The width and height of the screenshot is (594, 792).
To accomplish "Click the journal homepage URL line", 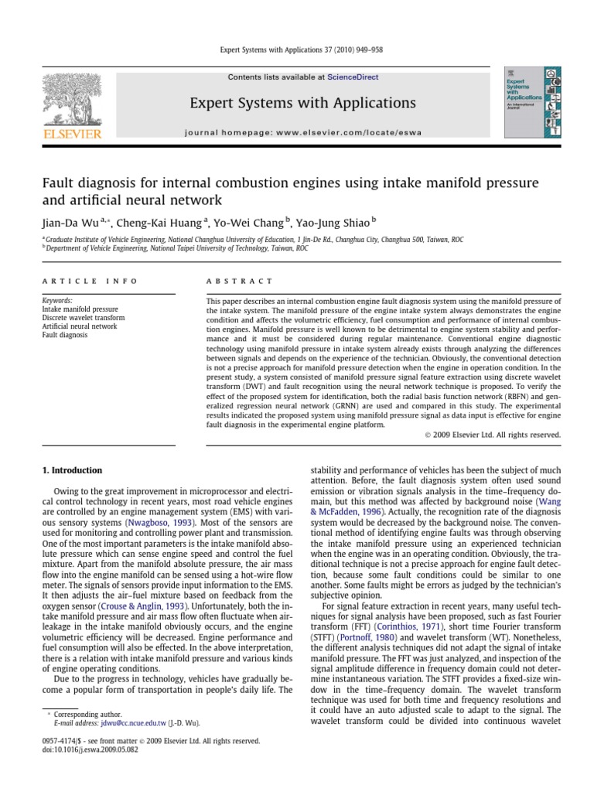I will (303, 132).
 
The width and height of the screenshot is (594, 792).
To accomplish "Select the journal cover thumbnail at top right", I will (533, 105).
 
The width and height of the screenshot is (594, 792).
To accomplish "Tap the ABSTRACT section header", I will (239, 281).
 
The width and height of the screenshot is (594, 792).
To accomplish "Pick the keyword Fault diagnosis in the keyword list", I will (65, 335).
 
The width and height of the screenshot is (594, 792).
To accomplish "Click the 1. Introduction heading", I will (71, 470).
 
